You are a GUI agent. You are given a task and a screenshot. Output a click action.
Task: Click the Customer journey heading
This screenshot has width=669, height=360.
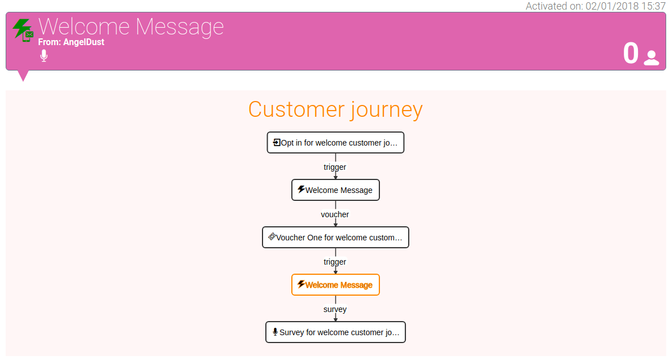335,109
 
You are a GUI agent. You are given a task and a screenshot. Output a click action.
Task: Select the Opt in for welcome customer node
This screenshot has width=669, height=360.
335,142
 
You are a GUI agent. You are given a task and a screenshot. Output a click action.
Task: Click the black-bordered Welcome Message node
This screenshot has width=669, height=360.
335,190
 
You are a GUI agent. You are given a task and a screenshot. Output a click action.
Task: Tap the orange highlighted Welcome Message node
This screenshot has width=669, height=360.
335,284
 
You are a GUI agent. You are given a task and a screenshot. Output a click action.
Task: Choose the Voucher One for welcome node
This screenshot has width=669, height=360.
335,237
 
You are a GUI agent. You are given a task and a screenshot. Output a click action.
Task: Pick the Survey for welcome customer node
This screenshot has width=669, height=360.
335,332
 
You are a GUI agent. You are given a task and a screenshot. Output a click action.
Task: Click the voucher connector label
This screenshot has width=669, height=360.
335,214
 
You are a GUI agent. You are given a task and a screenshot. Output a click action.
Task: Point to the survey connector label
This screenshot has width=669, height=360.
335,309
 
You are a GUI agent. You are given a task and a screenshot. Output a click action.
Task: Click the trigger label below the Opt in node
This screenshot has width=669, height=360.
335,167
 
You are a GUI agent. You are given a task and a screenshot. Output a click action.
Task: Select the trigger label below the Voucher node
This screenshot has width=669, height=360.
335,261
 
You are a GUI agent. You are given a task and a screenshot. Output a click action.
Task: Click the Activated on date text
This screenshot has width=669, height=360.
595,6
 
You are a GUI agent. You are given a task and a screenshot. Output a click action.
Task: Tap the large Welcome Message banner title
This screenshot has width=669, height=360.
131,27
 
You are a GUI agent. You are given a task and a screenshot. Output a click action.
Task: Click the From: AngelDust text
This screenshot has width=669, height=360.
71,42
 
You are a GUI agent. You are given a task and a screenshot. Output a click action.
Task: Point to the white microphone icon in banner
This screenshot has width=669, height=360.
44,56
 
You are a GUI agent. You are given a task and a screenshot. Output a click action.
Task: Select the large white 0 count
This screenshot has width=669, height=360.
631,53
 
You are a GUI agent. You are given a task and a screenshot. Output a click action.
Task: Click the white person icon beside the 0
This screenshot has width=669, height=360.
651,58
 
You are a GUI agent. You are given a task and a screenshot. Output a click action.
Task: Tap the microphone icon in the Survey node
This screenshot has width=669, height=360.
275,332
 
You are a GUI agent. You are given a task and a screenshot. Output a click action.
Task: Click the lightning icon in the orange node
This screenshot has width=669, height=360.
301,284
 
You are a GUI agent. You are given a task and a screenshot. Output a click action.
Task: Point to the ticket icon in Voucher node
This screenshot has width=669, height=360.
272,236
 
